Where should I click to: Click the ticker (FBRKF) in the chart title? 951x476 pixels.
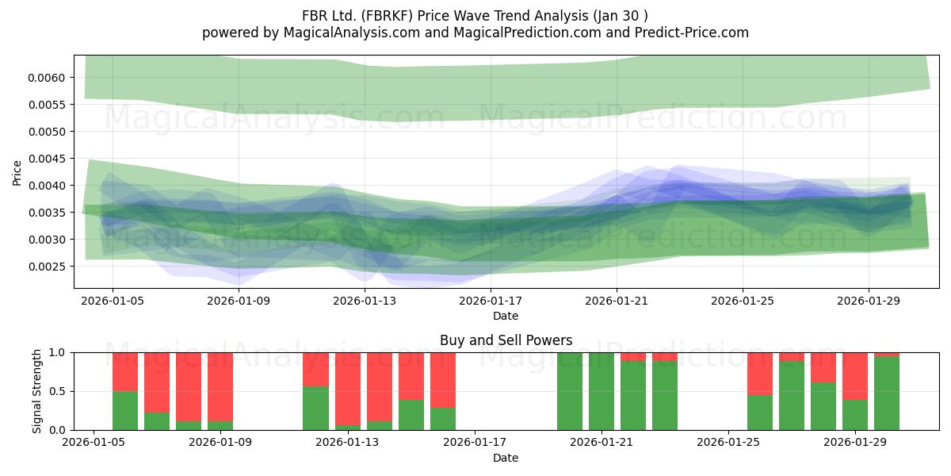click(x=388, y=16)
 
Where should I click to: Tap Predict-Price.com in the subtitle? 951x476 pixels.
click(x=692, y=33)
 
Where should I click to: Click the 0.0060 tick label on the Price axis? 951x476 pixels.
click(x=46, y=78)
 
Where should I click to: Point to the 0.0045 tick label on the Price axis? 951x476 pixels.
click(x=46, y=159)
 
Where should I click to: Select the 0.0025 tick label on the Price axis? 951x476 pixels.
click(x=46, y=267)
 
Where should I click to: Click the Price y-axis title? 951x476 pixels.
click(x=17, y=173)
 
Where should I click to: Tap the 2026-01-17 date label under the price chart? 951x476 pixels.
click(x=491, y=301)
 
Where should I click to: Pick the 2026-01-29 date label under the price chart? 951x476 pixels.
click(x=869, y=301)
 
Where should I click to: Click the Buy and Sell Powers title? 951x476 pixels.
click(x=506, y=340)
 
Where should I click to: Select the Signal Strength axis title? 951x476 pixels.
click(x=37, y=391)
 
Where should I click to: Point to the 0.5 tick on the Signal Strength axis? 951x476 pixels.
click(x=58, y=391)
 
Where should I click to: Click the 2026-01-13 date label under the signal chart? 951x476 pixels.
click(x=347, y=442)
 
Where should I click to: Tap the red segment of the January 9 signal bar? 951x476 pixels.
click(x=220, y=387)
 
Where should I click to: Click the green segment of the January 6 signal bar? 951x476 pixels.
click(x=125, y=411)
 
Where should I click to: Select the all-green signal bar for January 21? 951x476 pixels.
click(x=602, y=391)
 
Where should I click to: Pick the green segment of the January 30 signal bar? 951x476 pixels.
click(x=887, y=393)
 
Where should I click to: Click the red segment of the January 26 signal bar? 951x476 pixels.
click(x=760, y=374)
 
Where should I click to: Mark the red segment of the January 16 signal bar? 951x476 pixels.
click(x=443, y=380)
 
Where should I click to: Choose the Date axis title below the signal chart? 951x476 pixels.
click(x=506, y=458)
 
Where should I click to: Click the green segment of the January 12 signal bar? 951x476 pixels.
click(x=315, y=409)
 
